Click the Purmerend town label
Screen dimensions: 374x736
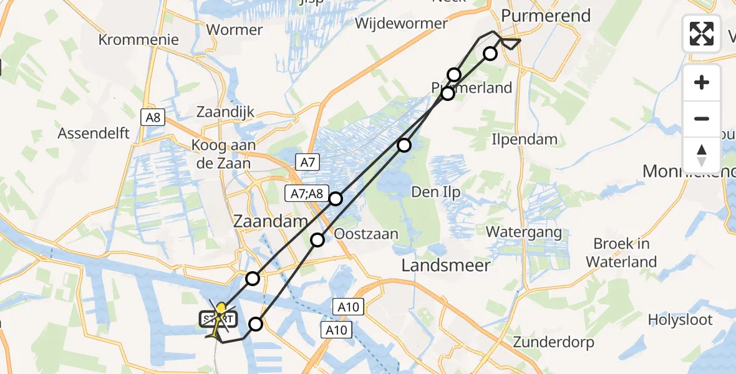click(547, 16)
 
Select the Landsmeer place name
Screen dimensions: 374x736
click(445, 265)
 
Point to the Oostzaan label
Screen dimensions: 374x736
click(366, 234)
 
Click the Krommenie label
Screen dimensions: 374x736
click(138, 40)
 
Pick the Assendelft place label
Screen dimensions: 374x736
click(94, 133)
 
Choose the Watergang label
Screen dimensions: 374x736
click(524, 232)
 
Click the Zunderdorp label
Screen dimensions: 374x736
click(553, 342)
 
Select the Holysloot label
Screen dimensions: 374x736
click(680, 320)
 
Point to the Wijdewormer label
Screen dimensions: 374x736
click(402, 24)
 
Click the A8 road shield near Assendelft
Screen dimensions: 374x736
click(152, 117)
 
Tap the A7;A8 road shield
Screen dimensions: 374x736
click(307, 194)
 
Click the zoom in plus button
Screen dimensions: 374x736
click(702, 82)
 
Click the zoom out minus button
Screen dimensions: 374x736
click(702, 118)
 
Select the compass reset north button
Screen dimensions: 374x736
click(702, 155)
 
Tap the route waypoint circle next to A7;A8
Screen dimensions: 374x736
click(336, 199)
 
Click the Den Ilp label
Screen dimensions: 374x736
click(436, 192)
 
